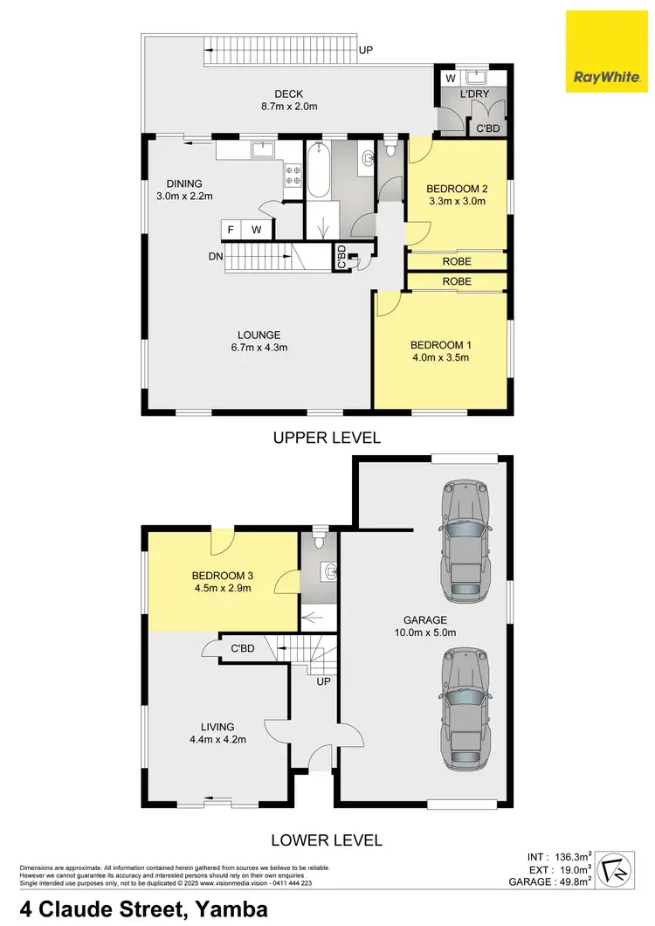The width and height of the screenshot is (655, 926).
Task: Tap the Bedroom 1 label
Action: point(440,343)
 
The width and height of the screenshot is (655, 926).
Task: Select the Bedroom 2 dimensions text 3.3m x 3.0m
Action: point(455,202)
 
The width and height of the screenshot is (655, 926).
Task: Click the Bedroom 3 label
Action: point(222,575)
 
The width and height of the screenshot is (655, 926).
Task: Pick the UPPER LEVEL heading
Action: point(327,438)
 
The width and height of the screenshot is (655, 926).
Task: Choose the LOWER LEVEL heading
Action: point(327,840)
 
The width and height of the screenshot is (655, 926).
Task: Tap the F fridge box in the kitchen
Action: point(231,230)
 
